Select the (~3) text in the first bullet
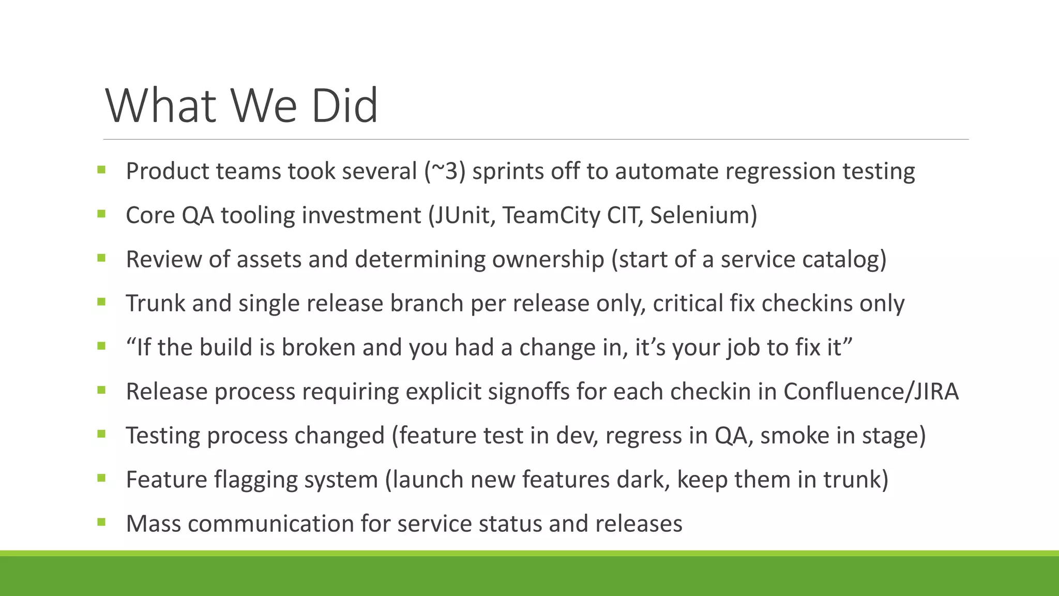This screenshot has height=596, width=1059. [445, 171]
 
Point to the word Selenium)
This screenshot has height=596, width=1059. [703, 215]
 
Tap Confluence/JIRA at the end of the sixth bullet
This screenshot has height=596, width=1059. [871, 392]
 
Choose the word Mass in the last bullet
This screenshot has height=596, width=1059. [154, 524]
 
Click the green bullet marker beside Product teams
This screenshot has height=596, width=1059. [101, 169]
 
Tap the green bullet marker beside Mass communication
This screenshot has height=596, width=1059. [101, 522]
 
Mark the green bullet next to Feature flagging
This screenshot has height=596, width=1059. [101, 478]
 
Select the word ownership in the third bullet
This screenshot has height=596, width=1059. [548, 259]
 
